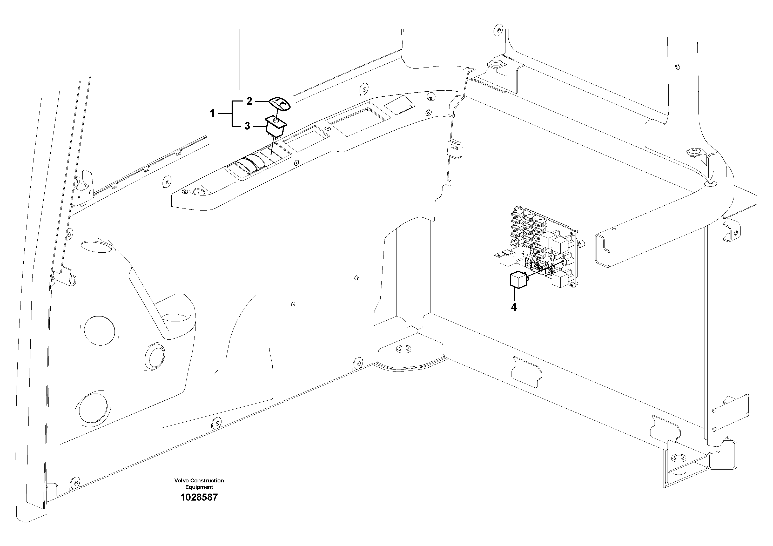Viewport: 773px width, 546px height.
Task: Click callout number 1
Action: click(212, 113)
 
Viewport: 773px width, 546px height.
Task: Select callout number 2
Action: click(249, 101)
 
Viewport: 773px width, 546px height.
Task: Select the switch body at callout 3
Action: click(276, 128)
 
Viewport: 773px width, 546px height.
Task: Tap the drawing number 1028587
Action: click(199, 497)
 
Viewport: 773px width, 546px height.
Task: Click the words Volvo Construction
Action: click(199, 480)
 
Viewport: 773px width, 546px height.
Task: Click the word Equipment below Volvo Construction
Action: click(199, 487)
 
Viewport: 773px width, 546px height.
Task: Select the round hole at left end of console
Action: click(199, 192)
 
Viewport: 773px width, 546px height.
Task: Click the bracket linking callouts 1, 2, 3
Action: click(232, 113)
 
